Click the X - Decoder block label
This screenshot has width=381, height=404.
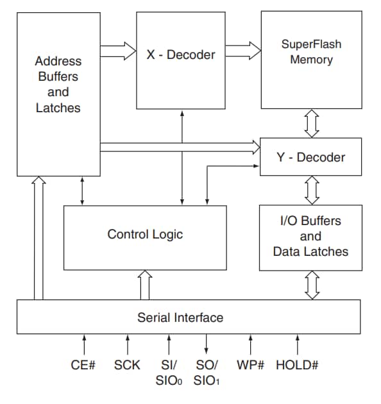[x=181, y=55]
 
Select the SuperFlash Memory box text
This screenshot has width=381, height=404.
[x=311, y=52]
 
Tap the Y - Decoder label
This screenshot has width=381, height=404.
[x=311, y=157]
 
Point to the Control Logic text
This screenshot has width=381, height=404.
[x=145, y=234]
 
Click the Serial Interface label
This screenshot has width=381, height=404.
[x=180, y=317]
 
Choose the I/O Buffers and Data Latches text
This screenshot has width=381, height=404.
[x=311, y=236]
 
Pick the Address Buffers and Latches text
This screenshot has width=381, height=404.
[x=58, y=85]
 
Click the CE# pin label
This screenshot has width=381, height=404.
[x=83, y=366]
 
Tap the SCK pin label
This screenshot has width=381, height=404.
[x=127, y=366]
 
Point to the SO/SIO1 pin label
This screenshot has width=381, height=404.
[x=207, y=372]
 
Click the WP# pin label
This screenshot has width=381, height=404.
[x=251, y=366]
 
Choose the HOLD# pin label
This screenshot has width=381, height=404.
[x=297, y=366]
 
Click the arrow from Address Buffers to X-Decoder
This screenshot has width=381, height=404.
[x=119, y=49]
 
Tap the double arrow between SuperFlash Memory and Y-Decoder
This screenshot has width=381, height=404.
[x=312, y=123]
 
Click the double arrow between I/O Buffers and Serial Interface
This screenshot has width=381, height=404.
[x=312, y=285]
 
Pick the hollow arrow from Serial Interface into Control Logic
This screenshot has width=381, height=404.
[x=145, y=285]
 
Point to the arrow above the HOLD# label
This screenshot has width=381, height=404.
[x=297, y=344]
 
